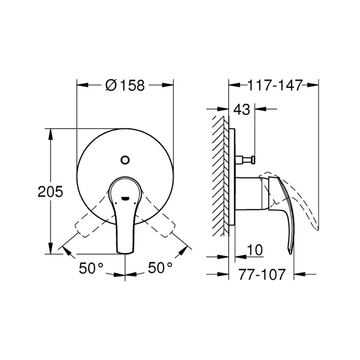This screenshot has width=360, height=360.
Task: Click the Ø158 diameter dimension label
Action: coord(126,85)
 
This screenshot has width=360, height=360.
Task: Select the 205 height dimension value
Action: coord(50,192)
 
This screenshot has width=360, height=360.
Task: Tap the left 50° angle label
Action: coord(91,268)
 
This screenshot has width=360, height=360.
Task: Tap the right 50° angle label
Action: coord(160,268)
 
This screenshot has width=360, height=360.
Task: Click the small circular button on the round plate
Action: coord(125,160)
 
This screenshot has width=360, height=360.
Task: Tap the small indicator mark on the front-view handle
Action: coord(125,197)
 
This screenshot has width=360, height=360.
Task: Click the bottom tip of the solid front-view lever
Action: coord(125,251)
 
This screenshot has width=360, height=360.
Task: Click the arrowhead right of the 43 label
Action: coord(261,109)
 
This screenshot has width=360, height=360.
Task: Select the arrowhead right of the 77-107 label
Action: coord(299,274)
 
